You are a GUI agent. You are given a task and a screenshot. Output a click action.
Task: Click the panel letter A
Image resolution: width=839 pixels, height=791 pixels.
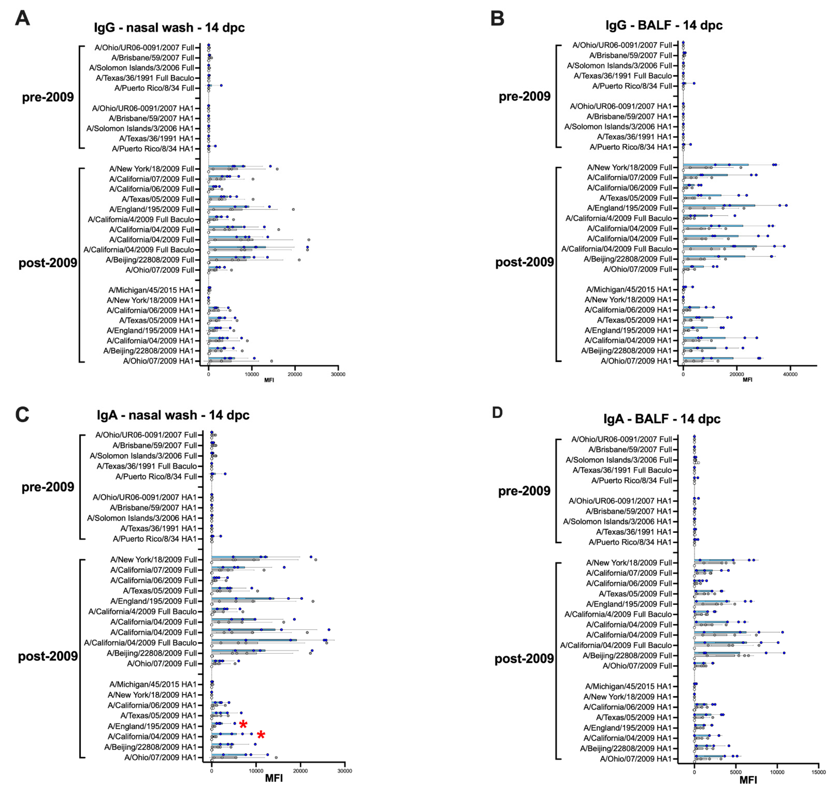pos(22,19)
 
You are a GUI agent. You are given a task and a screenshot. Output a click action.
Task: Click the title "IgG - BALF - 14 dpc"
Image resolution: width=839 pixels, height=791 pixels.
pos(664,25)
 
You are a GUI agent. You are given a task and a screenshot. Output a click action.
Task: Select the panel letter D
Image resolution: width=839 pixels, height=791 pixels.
pos(498,413)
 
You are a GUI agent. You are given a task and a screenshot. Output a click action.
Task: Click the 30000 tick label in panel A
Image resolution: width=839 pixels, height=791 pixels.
pos(338,374)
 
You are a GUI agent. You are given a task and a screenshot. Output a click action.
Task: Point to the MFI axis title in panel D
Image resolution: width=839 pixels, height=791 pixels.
pos(748,781)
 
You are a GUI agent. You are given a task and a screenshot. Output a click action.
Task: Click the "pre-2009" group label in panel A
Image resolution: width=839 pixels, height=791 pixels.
pos(48,97)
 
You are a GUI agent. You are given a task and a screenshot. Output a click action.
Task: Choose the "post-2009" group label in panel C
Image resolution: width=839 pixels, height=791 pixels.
pos(48,656)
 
